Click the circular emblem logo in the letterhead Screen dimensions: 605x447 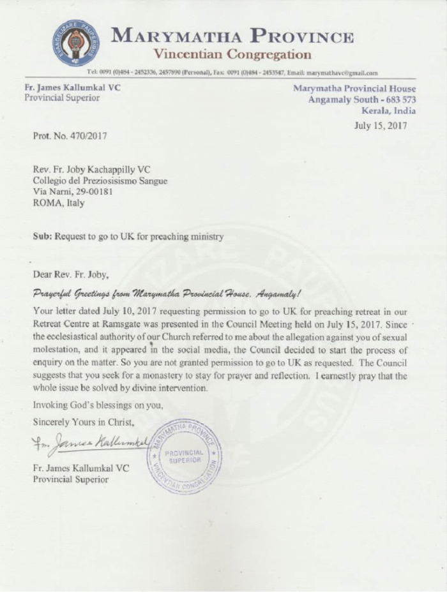75,43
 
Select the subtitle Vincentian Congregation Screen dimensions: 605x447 232,54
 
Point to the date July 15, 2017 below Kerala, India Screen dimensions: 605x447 381,125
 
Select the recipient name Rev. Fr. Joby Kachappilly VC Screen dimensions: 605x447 93,170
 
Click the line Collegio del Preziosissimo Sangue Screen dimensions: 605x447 100,181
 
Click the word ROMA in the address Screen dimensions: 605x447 46,204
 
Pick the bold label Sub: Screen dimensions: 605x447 42,237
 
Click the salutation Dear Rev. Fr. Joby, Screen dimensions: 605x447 74,276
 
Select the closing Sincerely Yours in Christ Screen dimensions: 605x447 84,422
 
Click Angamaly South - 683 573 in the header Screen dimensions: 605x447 361,99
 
